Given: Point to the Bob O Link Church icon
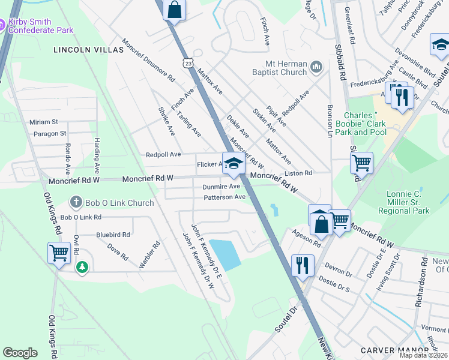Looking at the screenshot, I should [x=76, y=202].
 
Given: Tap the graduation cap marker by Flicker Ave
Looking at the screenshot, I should [x=234, y=164].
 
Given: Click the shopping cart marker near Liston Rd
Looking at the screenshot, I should [x=361, y=161].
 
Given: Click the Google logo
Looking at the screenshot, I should [x=20, y=353].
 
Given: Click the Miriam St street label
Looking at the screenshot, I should [x=44, y=122].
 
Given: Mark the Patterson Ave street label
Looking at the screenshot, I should [x=224, y=197].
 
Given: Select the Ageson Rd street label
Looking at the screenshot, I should [x=307, y=238].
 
